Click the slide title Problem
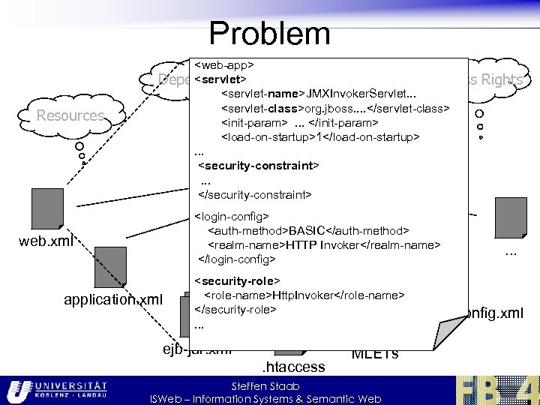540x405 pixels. click(x=269, y=33)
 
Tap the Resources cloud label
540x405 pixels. click(x=70, y=115)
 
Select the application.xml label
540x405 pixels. click(x=113, y=300)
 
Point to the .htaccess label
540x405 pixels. click(x=293, y=366)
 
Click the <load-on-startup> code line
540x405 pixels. click(x=319, y=137)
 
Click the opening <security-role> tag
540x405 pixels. click(x=237, y=280)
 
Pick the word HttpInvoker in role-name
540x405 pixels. click(x=307, y=295)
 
